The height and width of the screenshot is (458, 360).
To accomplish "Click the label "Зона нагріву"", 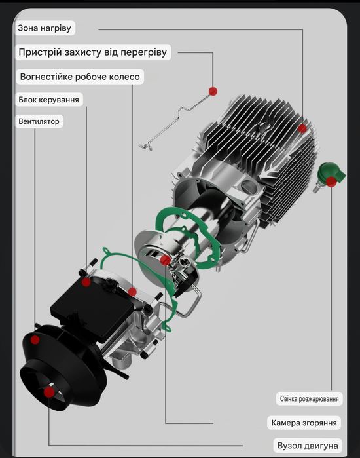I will tap(46, 29).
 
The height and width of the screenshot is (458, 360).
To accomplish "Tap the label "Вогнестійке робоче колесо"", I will tap(79, 77).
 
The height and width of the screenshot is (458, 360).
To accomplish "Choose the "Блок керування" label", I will tap(49, 100).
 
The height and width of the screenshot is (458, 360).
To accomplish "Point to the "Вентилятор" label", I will tap(39, 121).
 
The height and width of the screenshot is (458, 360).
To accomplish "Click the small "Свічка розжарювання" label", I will tap(309, 399).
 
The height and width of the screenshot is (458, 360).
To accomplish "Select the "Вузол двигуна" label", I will tap(308, 445).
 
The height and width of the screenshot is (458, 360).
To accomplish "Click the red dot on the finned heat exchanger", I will tap(302, 128).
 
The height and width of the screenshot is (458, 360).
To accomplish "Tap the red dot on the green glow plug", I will tap(333, 181).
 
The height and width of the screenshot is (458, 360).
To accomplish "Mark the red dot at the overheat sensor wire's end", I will tap(213, 90).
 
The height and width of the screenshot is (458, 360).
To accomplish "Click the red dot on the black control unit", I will tap(86, 282).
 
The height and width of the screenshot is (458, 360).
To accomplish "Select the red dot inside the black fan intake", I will tap(48, 391).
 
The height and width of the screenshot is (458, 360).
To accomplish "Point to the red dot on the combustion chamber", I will tap(166, 261).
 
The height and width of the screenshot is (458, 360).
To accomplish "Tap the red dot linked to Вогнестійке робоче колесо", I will tap(132, 292).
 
